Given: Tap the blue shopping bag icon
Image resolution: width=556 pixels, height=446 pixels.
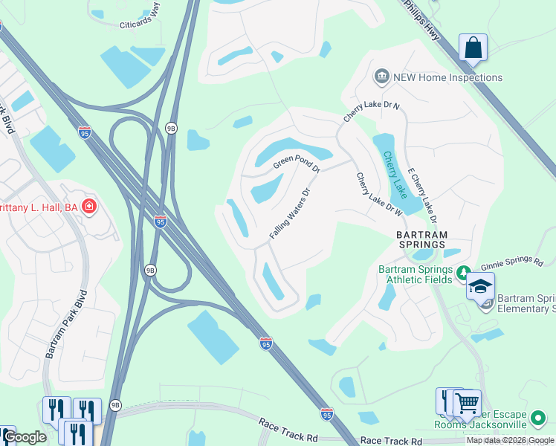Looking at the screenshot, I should coord(473,49).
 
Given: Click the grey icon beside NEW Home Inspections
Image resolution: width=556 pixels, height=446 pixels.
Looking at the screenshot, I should coord(382,77).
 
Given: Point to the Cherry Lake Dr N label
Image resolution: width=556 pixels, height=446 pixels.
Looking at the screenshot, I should coord(371,112).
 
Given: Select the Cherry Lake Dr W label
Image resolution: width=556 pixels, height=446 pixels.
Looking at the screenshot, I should coord(379,195).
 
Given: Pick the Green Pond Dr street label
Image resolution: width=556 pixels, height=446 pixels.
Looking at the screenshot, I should coord(296,161).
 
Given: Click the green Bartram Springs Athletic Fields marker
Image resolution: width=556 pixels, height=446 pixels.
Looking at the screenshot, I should coord(463,272).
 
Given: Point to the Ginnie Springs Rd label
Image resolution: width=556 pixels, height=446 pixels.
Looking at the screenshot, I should coord(512,260).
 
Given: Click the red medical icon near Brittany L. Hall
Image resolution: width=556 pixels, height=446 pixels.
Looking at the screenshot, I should coord(89,205).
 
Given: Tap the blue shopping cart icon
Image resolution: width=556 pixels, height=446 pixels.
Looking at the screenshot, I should coord(467,404).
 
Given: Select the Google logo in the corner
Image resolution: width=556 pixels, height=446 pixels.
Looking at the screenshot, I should coord(25,438).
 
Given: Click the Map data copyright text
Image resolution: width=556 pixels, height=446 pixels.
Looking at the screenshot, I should coord(510,440).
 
